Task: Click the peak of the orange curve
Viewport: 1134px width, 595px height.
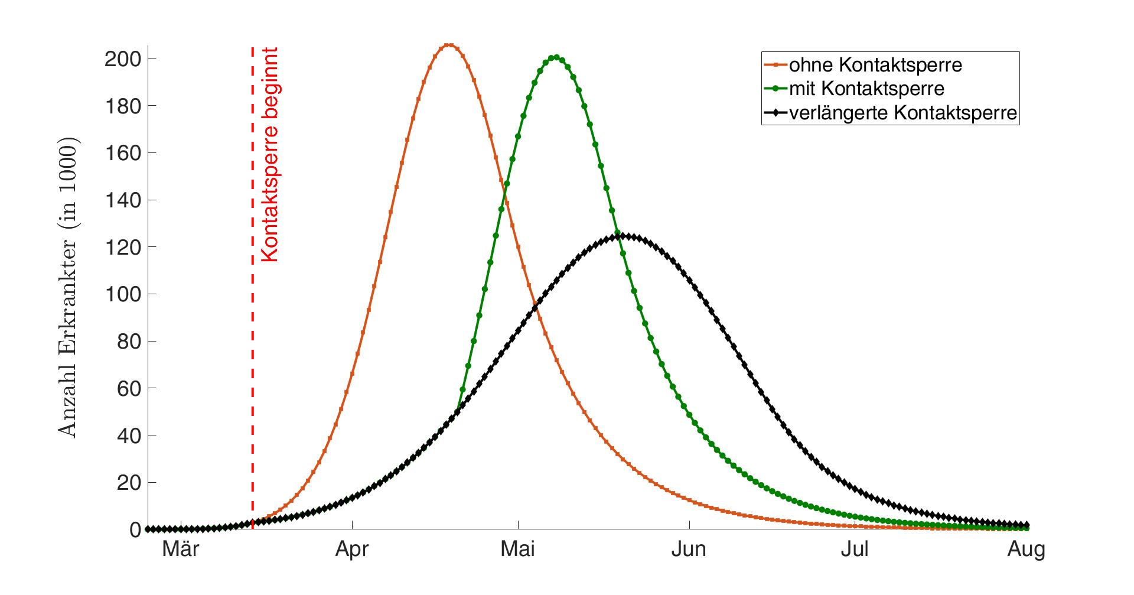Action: (449, 45)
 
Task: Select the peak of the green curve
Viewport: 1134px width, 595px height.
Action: (555, 57)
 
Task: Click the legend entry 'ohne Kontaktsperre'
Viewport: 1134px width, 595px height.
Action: (875, 64)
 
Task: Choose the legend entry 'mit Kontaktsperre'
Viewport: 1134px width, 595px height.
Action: (866, 89)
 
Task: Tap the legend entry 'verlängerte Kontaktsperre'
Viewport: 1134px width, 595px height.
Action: (903, 113)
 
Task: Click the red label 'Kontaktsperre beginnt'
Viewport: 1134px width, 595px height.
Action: (269, 155)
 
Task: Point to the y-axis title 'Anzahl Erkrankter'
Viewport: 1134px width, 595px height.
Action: (69, 288)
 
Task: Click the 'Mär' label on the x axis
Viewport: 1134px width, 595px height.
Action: (181, 550)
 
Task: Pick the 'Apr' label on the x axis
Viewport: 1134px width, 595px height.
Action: (352, 550)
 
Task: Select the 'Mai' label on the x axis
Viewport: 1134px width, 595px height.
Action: (518, 550)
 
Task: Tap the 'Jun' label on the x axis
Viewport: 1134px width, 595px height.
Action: (689, 550)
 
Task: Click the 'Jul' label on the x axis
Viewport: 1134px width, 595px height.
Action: (855, 550)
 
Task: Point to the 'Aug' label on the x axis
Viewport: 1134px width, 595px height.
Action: (1027, 550)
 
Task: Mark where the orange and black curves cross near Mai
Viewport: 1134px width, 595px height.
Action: (536, 305)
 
